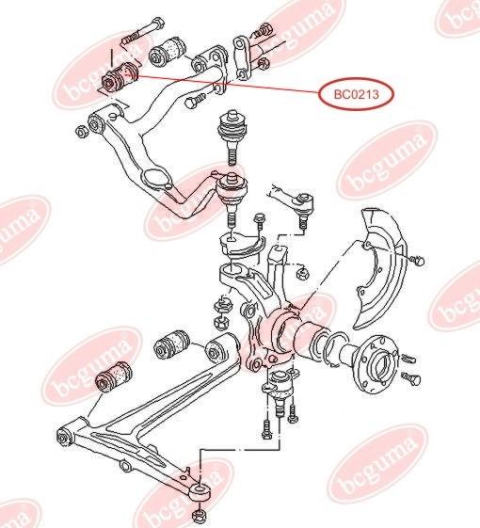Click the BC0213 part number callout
(x=357, y=94)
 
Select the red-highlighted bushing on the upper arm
(x=120, y=77)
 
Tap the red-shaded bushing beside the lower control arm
(x=114, y=377)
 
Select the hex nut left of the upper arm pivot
(x=82, y=132)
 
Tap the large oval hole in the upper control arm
(x=156, y=178)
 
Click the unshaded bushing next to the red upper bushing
(x=168, y=51)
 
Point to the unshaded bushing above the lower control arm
(x=172, y=344)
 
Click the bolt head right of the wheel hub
(x=411, y=379)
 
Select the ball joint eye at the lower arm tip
(x=200, y=491)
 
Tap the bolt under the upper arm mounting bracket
(x=196, y=101)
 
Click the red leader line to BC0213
(x=228, y=84)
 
